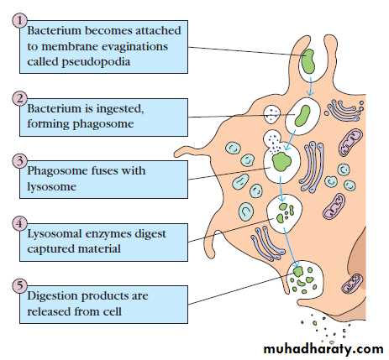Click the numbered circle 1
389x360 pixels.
pyautogui.click(x=19, y=21)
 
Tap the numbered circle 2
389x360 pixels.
pyautogui.click(x=19, y=99)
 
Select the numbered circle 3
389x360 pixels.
pyautogui.click(x=19, y=161)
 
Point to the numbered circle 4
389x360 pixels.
pyautogui.click(x=19, y=224)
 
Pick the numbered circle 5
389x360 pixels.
pyautogui.click(x=19, y=286)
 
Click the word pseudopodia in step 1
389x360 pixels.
pyautogui.click(x=96, y=62)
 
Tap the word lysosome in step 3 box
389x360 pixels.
pyautogui.click(x=51, y=187)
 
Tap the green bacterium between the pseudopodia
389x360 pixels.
pyautogui.click(x=308, y=61)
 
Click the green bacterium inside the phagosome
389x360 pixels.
pyautogui.click(x=302, y=116)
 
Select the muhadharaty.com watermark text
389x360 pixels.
pyautogui.click(x=323, y=349)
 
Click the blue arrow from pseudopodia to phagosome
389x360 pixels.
pyautogui.click(x=311, y=86)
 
